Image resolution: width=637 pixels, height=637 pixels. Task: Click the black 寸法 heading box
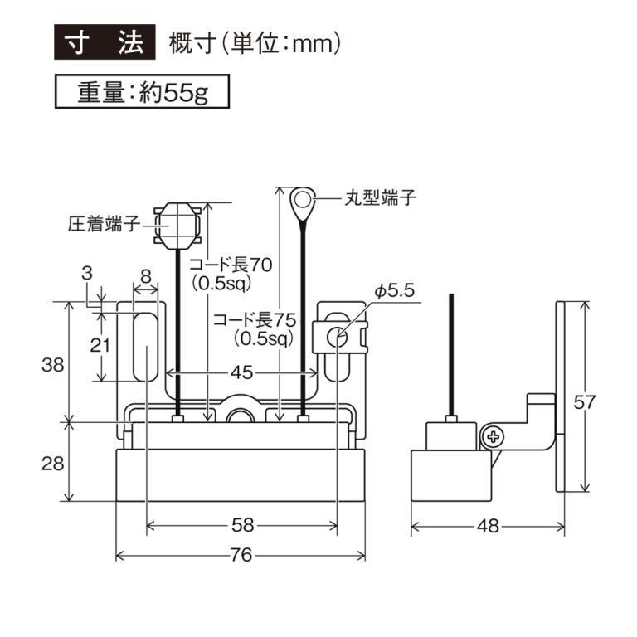point(105,44)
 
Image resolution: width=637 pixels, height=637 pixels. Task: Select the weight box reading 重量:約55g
point(140,91)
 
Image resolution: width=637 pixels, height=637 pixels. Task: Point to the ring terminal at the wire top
point(303,199)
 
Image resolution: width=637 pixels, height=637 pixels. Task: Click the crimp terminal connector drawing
point(178,223)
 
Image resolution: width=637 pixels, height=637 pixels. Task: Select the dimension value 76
point(241,555)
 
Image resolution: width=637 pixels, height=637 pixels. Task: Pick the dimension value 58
point(242,525)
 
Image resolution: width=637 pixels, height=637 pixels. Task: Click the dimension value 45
point(241,373)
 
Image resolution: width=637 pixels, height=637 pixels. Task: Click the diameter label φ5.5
point(394,290)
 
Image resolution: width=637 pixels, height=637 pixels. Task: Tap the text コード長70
point(231,265)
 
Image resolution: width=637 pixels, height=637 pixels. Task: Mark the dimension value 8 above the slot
point(146,274)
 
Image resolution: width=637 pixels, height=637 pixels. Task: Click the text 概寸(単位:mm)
point(255,44)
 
